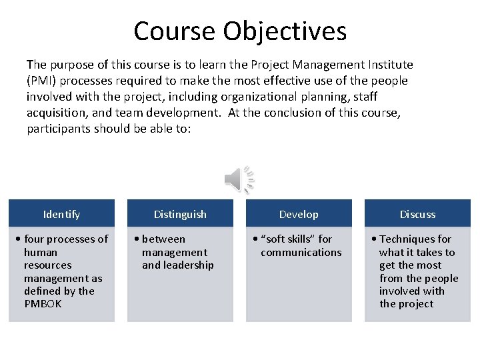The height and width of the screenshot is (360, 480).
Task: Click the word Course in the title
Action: tap(175, 31)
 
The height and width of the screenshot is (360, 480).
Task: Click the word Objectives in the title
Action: tap(285, 31)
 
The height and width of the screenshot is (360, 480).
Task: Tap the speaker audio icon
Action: tap(239, 179)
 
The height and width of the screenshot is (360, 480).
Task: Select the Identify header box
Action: tap(61, 214)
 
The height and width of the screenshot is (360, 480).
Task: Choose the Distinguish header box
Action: tap(180, 214)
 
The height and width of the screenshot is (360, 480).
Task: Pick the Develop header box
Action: tap(299, 214)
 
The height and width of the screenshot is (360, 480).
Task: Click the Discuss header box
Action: tap(417, 214)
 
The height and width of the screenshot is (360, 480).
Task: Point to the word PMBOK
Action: tap(43, 304)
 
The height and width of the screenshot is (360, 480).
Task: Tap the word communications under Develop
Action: tap(301, 252)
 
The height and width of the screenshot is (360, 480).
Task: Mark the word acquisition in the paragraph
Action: tap(53, 113)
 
